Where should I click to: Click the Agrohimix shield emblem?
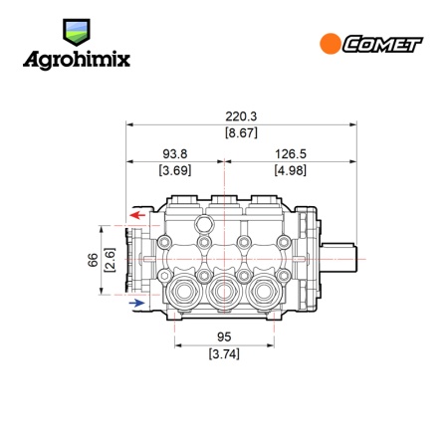click(77, 32)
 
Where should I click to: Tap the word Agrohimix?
click(77, 61)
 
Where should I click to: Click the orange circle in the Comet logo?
click(331, 44)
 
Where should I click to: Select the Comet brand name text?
click(382, 44)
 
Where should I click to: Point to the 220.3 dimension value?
click(241, 116)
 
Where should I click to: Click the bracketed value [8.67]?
click(241, 133)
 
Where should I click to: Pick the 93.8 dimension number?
click(175, 154)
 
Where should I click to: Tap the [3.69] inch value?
click(175, 170)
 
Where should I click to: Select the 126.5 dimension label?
click(291, 154)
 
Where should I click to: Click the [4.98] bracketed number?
click(291, 170)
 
